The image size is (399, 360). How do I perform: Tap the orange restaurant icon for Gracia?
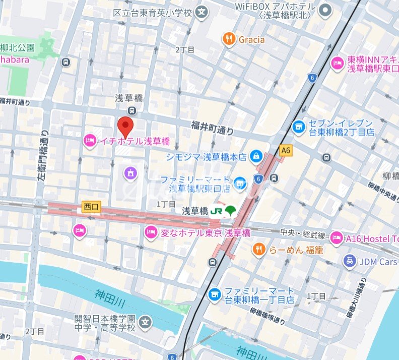point(229,39)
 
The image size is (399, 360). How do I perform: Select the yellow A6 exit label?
point(286,150)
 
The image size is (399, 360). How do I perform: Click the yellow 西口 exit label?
point(92,206)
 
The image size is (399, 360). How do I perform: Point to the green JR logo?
point(216,210)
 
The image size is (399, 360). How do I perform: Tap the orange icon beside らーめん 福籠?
point(259,249)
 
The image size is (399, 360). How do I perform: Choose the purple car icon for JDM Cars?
point(349,261)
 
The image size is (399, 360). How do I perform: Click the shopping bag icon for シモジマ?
point(256,156)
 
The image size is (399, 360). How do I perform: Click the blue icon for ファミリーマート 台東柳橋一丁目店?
point(215,293)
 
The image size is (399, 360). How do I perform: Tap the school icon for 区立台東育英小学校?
point(202,12)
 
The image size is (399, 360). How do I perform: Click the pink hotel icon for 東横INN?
point(337,63)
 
